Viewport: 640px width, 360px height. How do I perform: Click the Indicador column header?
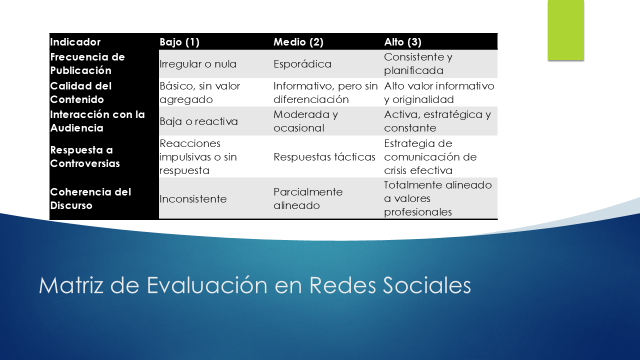click(x=75, y=42)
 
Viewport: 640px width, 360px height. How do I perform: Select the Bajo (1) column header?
click(x=179, y=42)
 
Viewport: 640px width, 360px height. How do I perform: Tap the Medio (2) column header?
click(x=298, y=42)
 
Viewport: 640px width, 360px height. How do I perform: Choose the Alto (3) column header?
click(x=402, y=42)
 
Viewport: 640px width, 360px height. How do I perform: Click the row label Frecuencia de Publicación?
click(x=87, y=63)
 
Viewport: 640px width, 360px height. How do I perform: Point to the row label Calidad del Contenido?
click(x=81, y=92)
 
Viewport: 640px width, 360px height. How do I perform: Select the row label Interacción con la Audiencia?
click(x=97, y=121)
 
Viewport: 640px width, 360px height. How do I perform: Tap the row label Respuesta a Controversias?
click(x=85, y=156)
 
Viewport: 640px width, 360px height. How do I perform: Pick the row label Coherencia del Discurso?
click(x=90, y=198)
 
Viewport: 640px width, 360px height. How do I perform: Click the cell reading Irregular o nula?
click(x=197, y=63)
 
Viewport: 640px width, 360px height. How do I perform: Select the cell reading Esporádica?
click(x=302, y=63)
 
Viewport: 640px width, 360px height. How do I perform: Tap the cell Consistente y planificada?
click(x=418, y=63)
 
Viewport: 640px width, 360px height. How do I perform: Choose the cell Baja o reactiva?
click(x=198, y=121)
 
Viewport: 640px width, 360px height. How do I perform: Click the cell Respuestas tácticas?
click(x=324, y=157)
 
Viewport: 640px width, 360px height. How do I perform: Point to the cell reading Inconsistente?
click(x=193, y=199)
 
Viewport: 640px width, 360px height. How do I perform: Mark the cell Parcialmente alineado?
click(x=308, y=198)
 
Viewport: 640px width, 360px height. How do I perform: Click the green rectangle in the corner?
click(x=565, y=30)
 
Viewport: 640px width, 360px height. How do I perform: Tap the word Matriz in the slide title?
click(x=71, y=285)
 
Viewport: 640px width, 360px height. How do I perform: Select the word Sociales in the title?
click(x=427, y=285)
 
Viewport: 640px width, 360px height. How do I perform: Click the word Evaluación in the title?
click(x=207, y=284)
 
